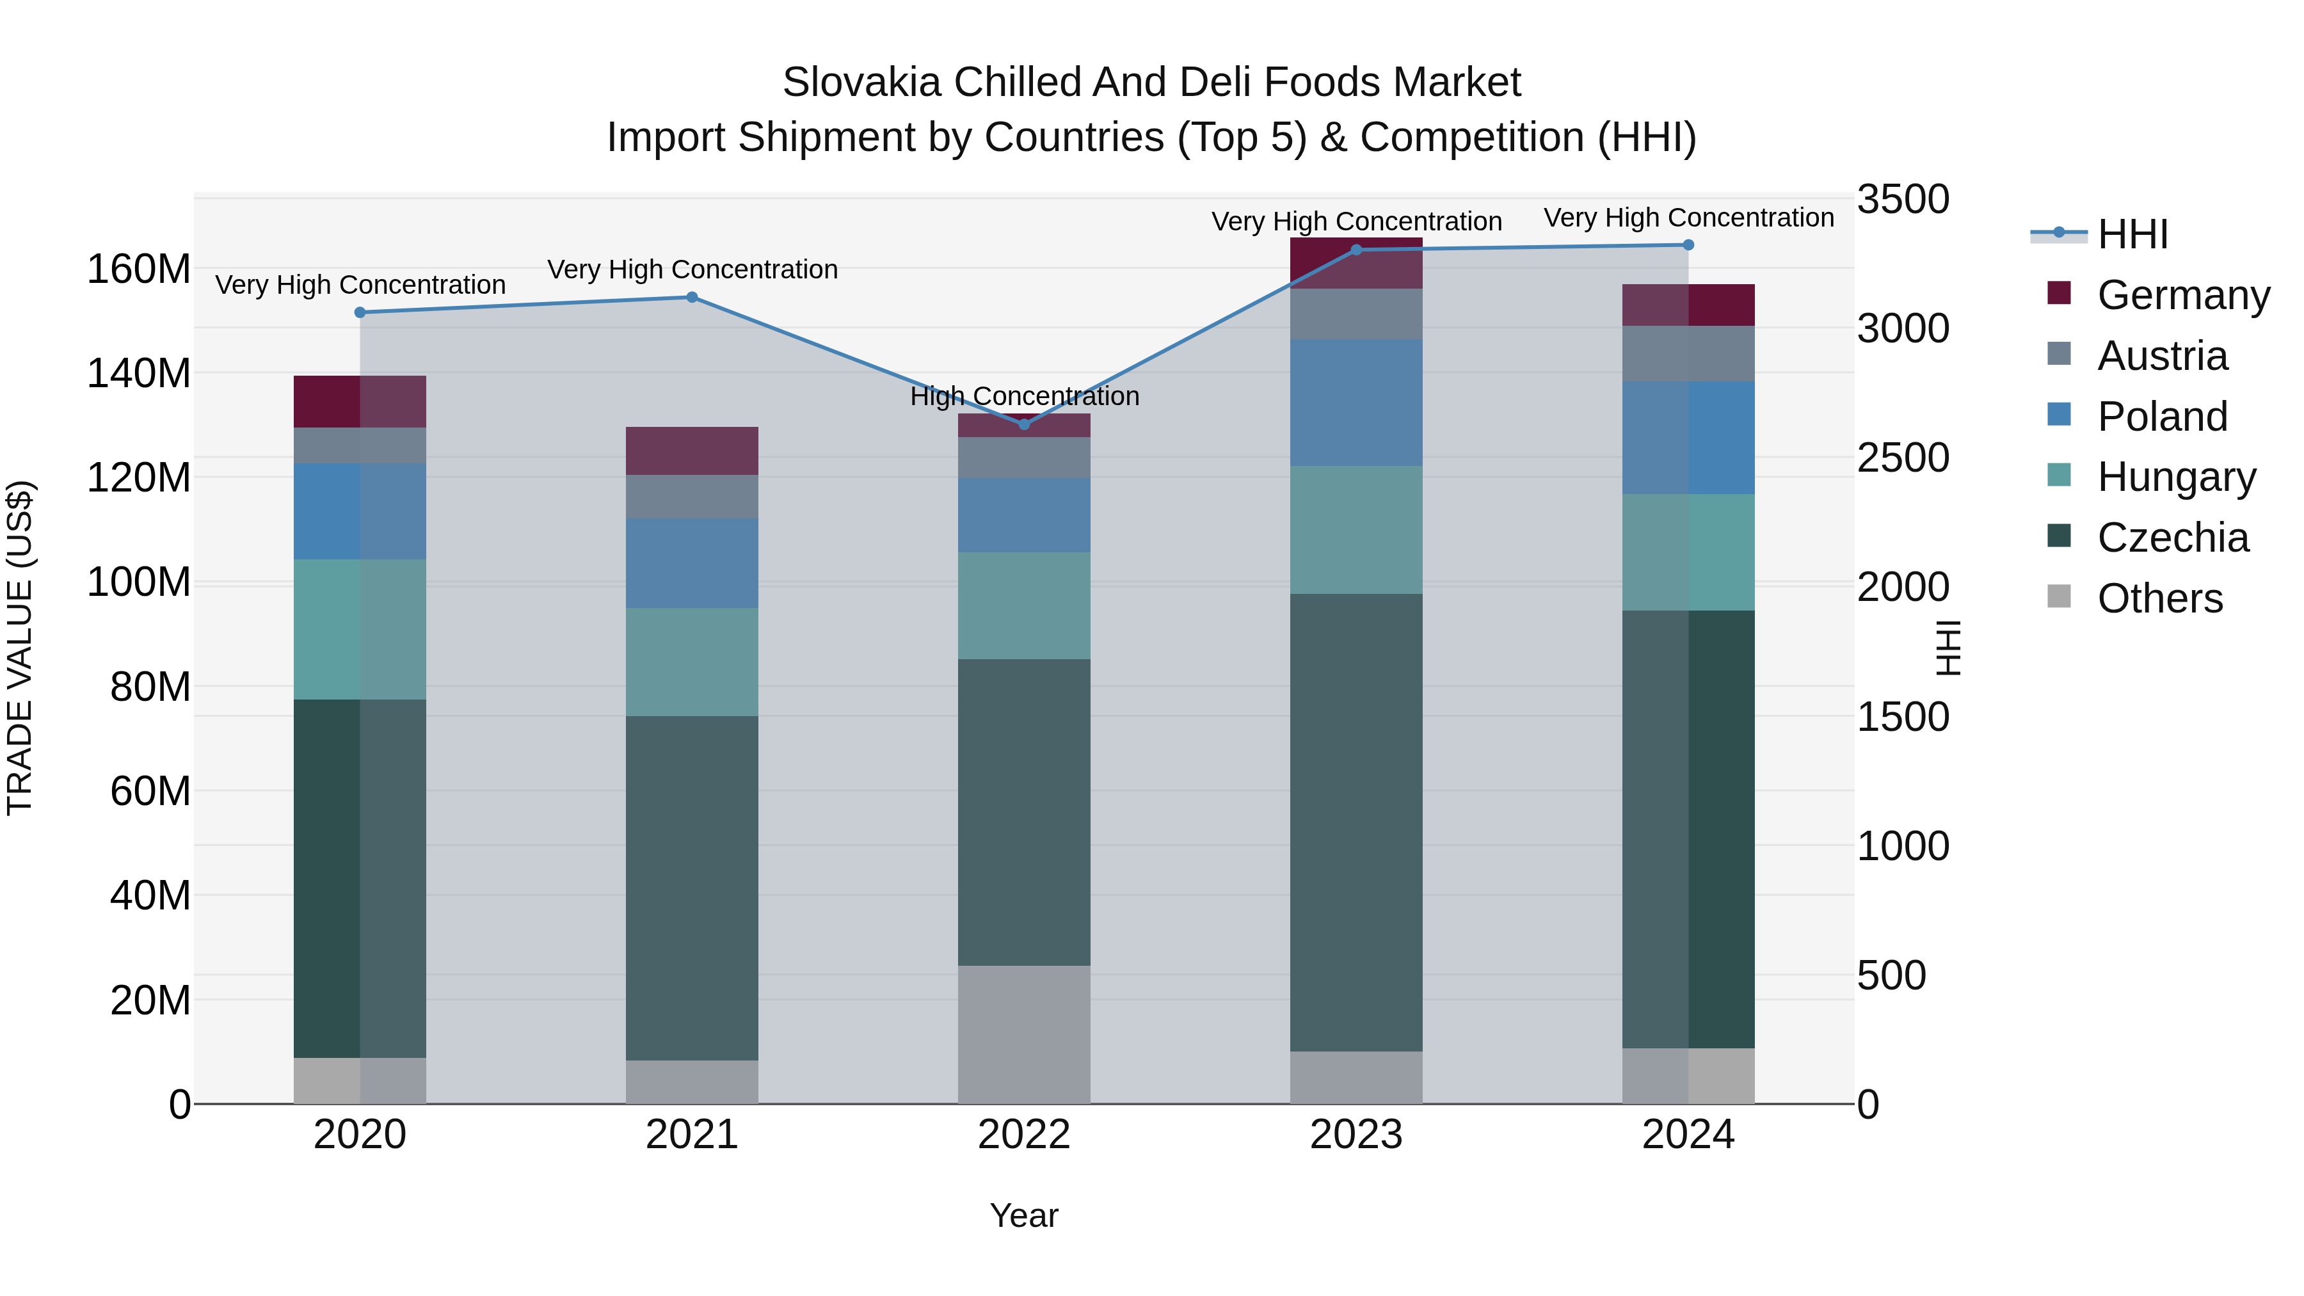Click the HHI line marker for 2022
1024,424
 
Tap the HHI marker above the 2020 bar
360,312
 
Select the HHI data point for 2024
1688,244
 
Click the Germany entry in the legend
2182,295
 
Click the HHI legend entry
2132,234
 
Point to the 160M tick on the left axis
139,268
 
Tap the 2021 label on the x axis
691,1135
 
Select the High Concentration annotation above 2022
1024,396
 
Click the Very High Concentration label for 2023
1356,222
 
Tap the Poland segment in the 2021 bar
691,563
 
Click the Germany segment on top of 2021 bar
691,451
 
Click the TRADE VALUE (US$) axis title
20,648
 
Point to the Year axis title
1023,1215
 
